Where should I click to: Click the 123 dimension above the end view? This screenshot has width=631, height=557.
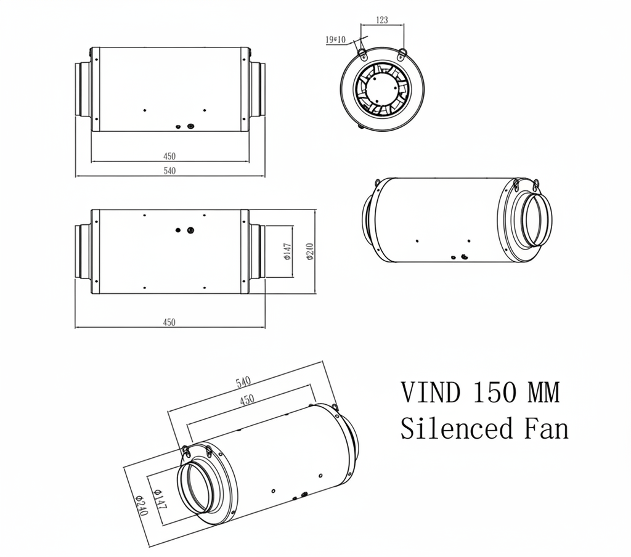(381, 20)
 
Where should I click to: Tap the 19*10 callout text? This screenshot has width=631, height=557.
(336, 40)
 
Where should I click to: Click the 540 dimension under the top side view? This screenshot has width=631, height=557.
(169, 171)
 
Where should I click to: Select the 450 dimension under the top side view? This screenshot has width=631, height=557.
(169, 156)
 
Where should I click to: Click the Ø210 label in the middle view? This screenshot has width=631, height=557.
(310, 251)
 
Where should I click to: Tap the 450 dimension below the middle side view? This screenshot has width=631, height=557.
(169, 322)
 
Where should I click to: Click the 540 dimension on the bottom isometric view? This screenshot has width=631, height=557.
(244, 383)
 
